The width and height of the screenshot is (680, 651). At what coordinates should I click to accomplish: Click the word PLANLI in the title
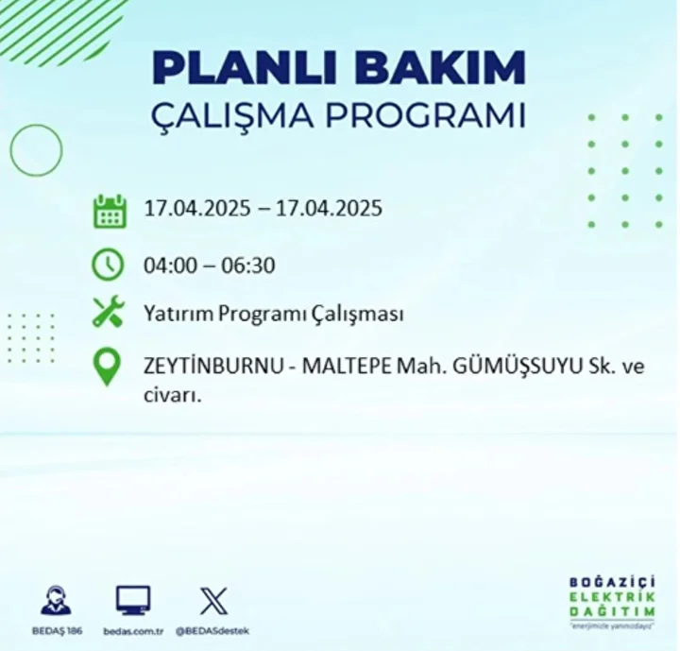[x=245, y=68]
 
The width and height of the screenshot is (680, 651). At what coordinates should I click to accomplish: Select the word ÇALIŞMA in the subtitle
[x=232, y=116]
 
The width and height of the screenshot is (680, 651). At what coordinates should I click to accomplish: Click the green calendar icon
[x=110, y=212]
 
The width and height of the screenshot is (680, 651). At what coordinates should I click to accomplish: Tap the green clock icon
[x=108, y=265]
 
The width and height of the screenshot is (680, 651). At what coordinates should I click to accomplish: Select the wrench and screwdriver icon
[x=109, y=311]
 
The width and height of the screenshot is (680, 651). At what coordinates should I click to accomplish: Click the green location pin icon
[x=107, y=367]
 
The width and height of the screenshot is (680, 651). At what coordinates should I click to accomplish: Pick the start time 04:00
[x=170, y=266]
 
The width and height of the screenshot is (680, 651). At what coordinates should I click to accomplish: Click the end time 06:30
[x=248, y=266]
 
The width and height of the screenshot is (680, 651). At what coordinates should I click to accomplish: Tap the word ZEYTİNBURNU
[x=212, y=367]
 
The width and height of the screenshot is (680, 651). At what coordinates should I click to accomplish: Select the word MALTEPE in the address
[x=347, y=367]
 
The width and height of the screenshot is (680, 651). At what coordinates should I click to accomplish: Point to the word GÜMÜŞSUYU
[x=517, y=367]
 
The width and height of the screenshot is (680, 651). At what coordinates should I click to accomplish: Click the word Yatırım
[x=178, y=314]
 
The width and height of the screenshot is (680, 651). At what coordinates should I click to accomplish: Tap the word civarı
[x=173, y=395]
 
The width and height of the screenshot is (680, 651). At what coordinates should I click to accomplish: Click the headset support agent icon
[x=57, y=601]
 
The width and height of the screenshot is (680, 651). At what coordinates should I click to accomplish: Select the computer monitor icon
[x=133, y=601]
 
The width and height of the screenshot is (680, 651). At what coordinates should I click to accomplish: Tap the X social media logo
[x=213, y=601]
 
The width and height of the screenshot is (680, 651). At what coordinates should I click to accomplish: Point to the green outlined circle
[x=10, y=150]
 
